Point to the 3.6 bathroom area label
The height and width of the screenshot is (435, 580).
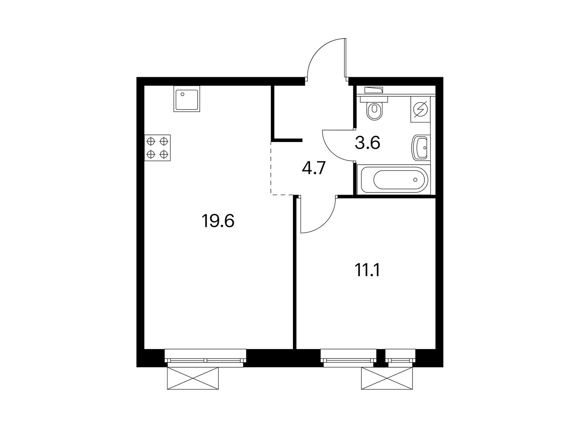[x=367, y=143]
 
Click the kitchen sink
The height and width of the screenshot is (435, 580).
[x=187, y=99]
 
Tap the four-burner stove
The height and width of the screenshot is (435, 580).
[x=157, y=148]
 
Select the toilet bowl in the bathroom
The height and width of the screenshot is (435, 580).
[x=374, y=109]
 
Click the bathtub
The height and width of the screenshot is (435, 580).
[x=393, y=179]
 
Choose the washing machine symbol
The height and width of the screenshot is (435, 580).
[x=420, y=109]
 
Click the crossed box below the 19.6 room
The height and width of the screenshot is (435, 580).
[x=193, y=378]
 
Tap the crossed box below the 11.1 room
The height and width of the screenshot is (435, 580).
[x=387, y=378]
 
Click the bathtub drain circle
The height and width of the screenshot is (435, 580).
[x=415, y=179]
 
